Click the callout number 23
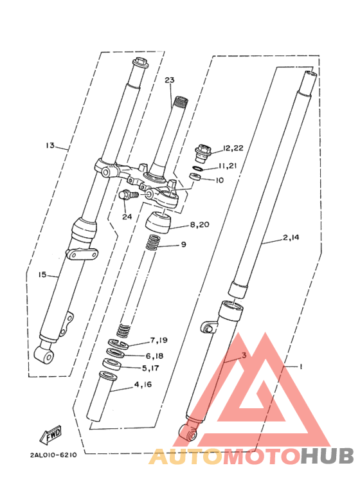169,80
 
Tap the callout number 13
51,145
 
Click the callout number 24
127,217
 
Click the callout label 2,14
291,238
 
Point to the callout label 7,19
159,340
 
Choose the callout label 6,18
154,355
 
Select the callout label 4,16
143,386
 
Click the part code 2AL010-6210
53,454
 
